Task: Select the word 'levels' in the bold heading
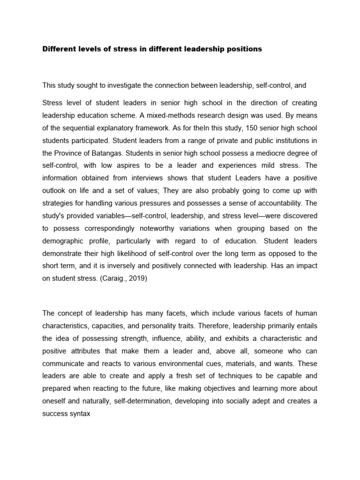coord(92,49)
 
